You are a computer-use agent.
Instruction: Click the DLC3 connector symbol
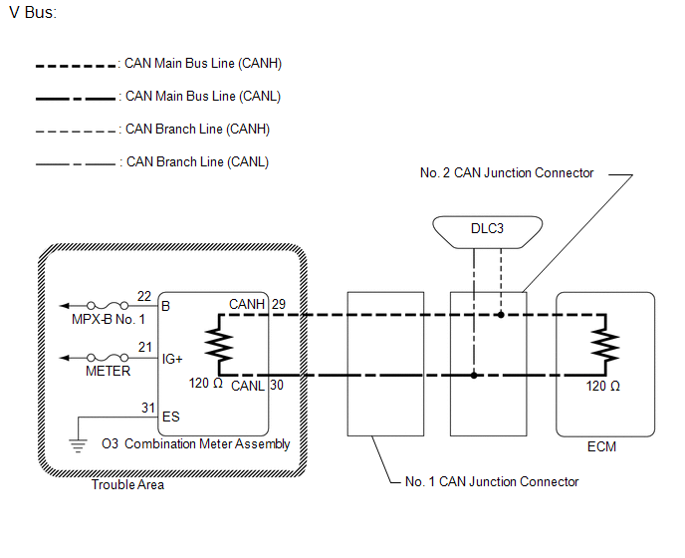coord(487,232)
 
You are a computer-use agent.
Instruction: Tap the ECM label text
coord(601,446)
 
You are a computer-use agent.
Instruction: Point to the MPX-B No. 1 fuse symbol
coord(108,305)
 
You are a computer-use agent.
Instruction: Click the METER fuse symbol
coord(108,358)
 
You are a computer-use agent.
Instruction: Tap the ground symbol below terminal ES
coord(78,445)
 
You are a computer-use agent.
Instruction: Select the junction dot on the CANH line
coord(501,315)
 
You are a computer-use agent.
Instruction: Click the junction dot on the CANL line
coord(474,376)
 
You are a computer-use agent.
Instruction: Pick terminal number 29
coord(279,304)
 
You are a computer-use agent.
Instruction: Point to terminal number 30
coord(277,385)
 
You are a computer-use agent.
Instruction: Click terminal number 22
coord(144,296)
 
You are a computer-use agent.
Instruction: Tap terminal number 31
coord(148,408)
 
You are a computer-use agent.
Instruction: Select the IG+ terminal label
coord(172,359)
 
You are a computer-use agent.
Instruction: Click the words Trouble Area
coord(127,484)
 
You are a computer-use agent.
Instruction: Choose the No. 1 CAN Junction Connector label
coord(492,481)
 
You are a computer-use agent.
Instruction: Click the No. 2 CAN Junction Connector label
coord(507,172)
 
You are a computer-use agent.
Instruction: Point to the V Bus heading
coord(33,12)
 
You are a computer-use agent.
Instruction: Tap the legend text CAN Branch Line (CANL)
coord(197,161)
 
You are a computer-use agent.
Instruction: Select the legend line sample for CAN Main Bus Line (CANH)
coord(76,66)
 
